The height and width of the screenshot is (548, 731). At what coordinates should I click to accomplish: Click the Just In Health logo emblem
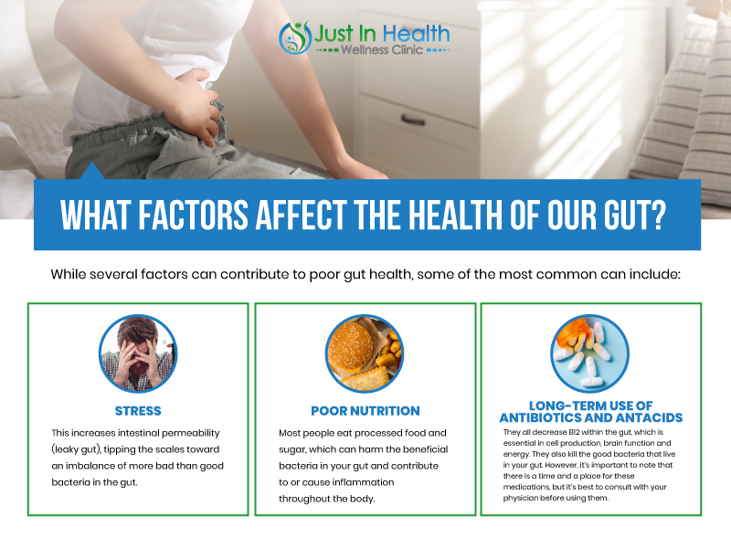click(x=295, y=37)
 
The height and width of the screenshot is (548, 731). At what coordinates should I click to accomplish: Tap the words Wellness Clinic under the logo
click(x=382, y=49)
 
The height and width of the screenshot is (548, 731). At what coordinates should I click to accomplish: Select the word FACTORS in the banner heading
click(x=193, y=216)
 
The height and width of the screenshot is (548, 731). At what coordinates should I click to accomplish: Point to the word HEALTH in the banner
click(x=455, y=216)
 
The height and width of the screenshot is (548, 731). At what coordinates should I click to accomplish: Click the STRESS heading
click(x=138, y=411)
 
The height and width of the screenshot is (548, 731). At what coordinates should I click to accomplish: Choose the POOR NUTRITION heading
click(x=365, y=411)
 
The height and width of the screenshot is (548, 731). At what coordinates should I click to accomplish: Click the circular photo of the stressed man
click(x=138, y=353)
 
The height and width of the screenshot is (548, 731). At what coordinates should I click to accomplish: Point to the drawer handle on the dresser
click(x=413, y=121)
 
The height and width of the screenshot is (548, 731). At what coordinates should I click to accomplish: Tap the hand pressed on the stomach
click(x=198, y=105)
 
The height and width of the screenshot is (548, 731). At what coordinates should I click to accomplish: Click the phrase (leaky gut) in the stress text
click(x=76, y=449)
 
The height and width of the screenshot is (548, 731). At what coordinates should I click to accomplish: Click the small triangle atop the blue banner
click(x=92, y=171)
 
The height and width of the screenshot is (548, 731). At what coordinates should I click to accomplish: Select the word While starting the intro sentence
click(x=69, y=274)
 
